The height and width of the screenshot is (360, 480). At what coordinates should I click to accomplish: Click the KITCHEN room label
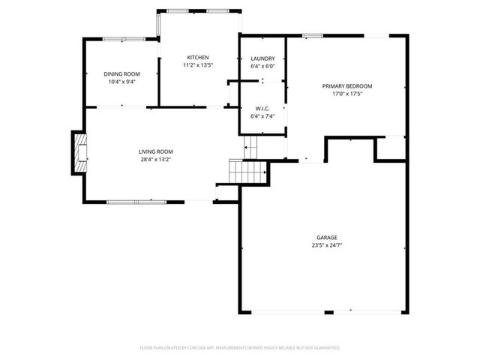coord(198,58)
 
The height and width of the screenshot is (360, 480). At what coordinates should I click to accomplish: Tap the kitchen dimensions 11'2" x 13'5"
coord(198,65)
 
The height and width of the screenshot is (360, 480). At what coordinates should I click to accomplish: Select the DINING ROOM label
coord(121,73)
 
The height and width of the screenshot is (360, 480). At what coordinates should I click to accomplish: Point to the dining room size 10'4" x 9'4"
coord(121,81)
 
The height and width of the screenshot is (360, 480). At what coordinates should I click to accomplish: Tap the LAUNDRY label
coord(262,58)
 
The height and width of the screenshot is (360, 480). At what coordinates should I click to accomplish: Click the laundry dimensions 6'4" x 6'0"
coord(262,66)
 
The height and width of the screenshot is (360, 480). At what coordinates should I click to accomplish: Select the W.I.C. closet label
coord(262,108)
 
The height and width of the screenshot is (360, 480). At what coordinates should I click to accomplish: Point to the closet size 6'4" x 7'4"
coord(262,115)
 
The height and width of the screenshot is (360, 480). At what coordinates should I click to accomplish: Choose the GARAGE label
coord(325,238)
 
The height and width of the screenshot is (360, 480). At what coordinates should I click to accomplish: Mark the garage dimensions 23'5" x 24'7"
coord(325,245)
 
